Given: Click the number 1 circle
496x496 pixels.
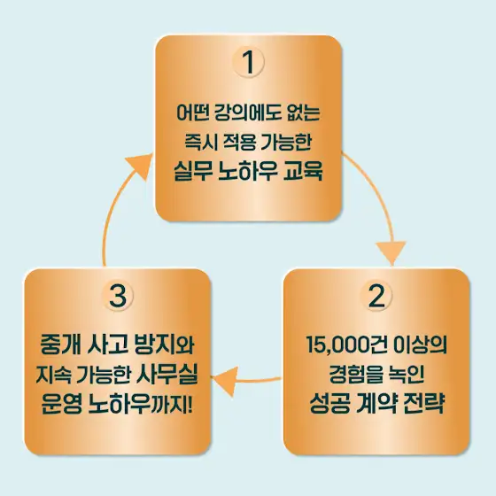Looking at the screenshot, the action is [x=248, y=62].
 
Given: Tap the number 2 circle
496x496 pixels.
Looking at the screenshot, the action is [x=376, y=296].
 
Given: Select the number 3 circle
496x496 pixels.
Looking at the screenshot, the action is [x=118, y=296].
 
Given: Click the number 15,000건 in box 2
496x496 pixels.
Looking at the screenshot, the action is [x=346, y=345].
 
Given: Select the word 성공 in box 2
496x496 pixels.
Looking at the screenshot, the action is [x=329, y=403].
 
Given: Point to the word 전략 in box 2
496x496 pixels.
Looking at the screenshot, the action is [x=423, y=403].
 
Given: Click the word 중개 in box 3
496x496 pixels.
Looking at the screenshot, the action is [x=60, y=345].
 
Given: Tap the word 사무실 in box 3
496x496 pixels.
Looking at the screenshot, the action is [x=167, y=375].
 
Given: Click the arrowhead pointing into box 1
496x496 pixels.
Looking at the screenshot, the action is [x=138, y=166].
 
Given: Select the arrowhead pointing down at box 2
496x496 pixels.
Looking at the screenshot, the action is [x=391, y=252].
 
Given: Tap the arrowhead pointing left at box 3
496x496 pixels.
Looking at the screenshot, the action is [x=225, y=381].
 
